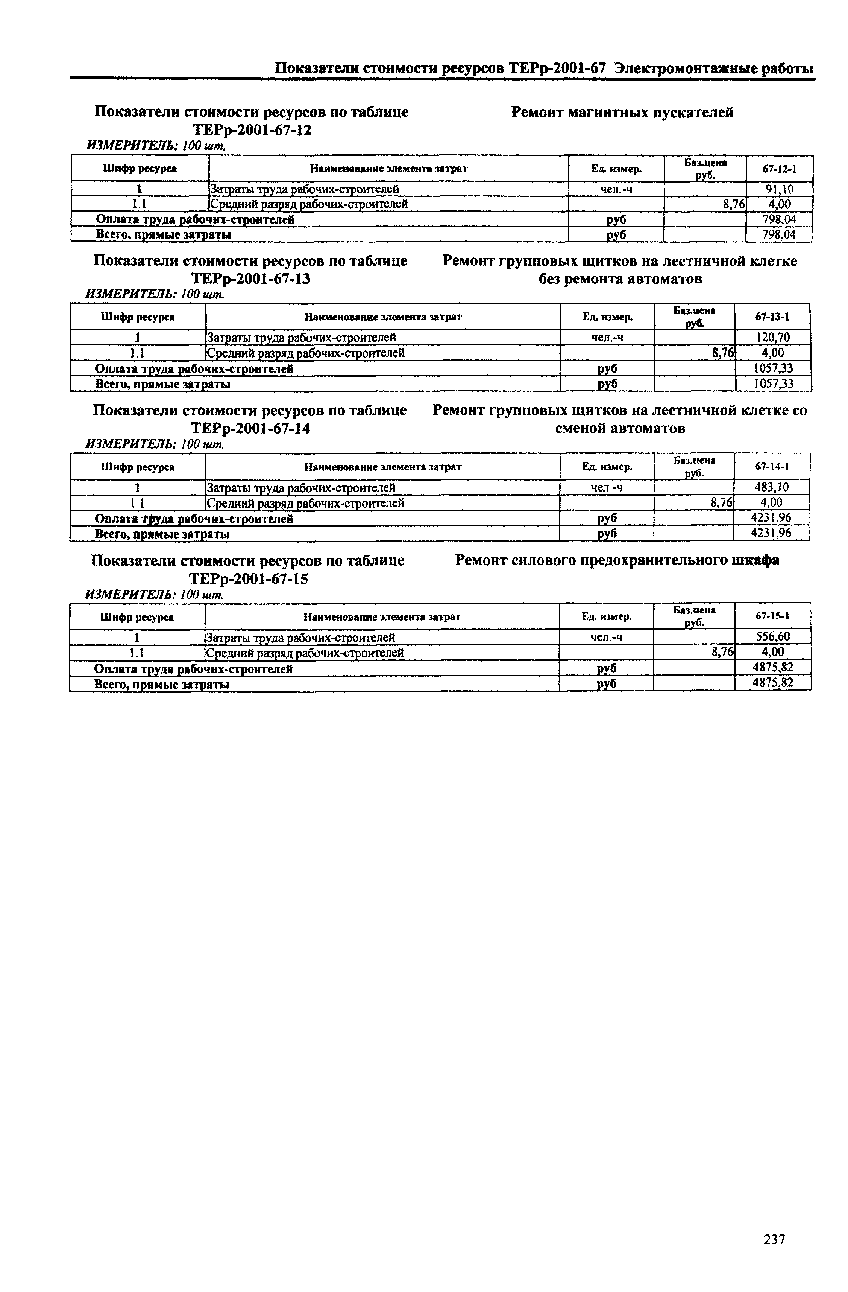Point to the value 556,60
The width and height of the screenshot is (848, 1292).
point(772,636)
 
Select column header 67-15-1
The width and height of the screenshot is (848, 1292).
point(772,616)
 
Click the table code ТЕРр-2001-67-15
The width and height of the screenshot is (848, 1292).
point(249,579)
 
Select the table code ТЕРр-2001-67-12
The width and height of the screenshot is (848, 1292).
point(252,130)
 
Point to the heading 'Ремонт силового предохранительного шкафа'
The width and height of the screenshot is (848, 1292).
point(617,560)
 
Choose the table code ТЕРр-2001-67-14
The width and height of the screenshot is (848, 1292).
point(251,429)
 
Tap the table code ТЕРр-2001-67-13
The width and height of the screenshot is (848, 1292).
point(251,279)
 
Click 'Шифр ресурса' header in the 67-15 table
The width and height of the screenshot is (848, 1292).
point(137,617)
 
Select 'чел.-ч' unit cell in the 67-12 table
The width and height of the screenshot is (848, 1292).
point(616,189)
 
